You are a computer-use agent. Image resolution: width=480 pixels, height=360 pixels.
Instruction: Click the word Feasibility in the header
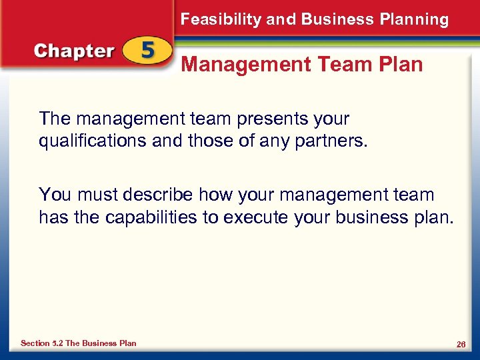click(x=221, y=19)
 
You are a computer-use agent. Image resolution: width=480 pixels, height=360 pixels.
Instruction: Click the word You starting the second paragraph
click(x=55, y=195)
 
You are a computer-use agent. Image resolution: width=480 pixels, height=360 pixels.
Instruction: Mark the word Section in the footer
click(x=35, y=343)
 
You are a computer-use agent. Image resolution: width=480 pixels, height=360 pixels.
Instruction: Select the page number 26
click(x=460, y=344)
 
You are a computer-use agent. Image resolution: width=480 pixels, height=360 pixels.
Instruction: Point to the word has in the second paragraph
click(x=52, y=217)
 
